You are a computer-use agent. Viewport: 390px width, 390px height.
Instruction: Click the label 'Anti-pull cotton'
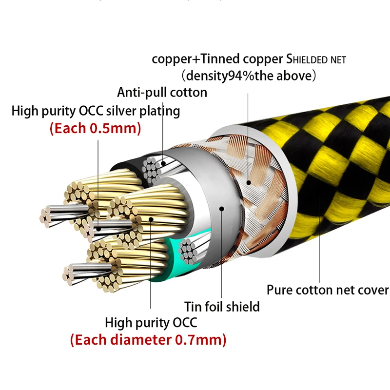162,93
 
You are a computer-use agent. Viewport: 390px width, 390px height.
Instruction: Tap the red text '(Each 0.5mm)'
95,128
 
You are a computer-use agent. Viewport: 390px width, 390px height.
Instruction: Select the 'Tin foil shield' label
222,307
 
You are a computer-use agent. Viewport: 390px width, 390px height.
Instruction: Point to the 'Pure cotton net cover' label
328,290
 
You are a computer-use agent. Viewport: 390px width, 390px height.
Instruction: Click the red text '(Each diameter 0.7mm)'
148,340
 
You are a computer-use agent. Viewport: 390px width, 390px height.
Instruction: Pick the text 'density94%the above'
249,76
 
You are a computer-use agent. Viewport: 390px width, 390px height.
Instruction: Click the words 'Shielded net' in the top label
316,59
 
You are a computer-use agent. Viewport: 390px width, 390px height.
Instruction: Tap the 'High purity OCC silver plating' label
96,111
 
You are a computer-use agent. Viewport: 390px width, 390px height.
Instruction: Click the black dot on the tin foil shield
222,209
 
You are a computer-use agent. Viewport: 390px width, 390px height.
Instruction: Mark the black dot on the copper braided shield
248,183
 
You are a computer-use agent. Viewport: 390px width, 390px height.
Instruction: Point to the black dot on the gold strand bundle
151,219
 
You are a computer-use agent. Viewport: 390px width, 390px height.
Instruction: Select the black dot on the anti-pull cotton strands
163,163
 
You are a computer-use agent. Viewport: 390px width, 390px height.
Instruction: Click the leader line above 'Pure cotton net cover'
319,238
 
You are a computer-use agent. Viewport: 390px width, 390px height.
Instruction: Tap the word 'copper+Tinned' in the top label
196,59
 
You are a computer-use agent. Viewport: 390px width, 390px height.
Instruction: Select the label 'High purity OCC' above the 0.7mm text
151,323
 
